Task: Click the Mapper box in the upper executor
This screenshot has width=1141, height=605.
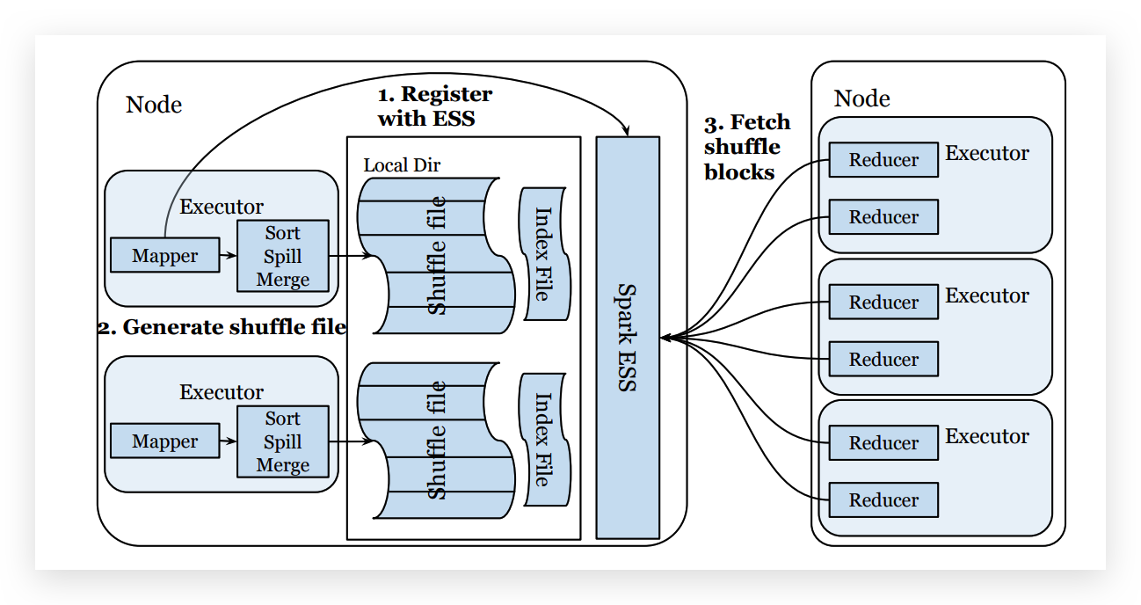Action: [x=164, y=255]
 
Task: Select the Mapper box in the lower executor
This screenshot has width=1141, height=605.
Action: [x=164, y=441]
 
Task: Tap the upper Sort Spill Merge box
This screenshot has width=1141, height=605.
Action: [x=282, y=256]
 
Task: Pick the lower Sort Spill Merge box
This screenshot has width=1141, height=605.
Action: [x=282, y=441]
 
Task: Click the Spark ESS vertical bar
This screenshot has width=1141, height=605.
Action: [x=628, y=337]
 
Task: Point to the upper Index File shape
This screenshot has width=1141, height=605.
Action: [x=542, y=254]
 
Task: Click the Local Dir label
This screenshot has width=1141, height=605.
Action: [x=402, y=164]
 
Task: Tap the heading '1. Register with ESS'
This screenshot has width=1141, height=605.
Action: [x=435, y=106]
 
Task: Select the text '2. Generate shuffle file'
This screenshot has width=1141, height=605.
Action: [x=222, y=327]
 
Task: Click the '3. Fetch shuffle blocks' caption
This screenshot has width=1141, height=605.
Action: [x=746, y=147]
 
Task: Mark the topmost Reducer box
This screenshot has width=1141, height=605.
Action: [x=883, y=160]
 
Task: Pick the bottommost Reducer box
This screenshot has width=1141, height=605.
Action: [x=883, y=499]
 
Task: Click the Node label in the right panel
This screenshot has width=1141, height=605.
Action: [x=861, y=98]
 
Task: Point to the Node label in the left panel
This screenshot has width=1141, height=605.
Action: [x=154, y=105]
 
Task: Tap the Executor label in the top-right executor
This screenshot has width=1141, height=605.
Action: [x=986, y=153]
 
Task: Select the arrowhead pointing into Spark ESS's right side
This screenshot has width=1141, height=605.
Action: [x=665, y=337]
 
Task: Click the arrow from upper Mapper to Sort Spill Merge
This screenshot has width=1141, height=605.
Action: [x=229, y=256]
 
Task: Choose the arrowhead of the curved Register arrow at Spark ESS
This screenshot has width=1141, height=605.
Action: [x=627, y=131]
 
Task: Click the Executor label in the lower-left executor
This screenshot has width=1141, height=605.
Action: [x=221, y=392]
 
